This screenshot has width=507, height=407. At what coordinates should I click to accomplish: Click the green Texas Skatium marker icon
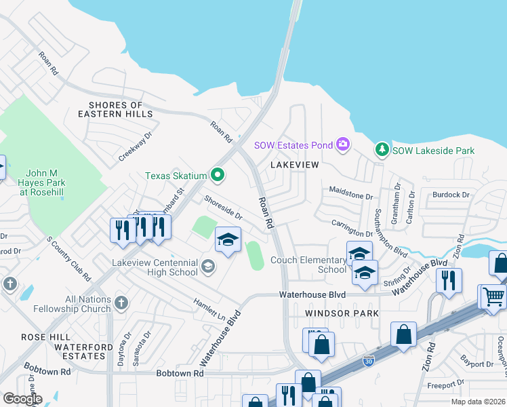point(218,176)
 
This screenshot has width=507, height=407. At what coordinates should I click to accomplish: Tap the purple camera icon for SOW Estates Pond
point(343,144)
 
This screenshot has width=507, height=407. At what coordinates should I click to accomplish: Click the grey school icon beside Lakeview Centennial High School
point(208,266)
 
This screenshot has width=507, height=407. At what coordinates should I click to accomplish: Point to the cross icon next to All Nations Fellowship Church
point(121,303)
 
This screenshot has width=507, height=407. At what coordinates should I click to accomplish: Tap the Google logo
point(22,398)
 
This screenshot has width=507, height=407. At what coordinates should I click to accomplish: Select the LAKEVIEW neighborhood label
point(293,165)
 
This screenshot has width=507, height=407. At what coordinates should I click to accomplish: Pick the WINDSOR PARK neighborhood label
point(342,313)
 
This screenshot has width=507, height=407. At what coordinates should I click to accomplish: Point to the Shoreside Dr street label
point(224,208)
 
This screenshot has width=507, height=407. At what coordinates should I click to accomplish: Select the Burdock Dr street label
point(451,195)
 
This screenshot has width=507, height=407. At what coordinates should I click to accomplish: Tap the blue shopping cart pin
point(493,296)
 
